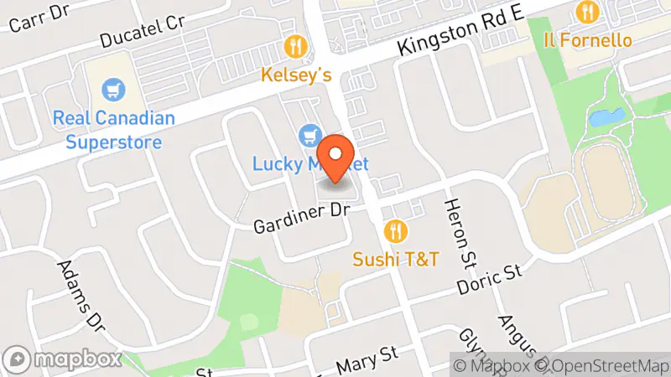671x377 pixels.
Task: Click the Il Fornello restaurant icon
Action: click(585, 13)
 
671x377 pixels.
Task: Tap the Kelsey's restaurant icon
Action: click(295, 46)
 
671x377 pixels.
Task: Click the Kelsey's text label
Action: click(296, 75)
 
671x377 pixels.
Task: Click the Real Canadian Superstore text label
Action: click(113, 129)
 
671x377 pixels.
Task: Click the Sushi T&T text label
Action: click(396, 258)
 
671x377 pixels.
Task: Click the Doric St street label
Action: click(490, 281)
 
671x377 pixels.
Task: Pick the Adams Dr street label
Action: click(84, 294)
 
